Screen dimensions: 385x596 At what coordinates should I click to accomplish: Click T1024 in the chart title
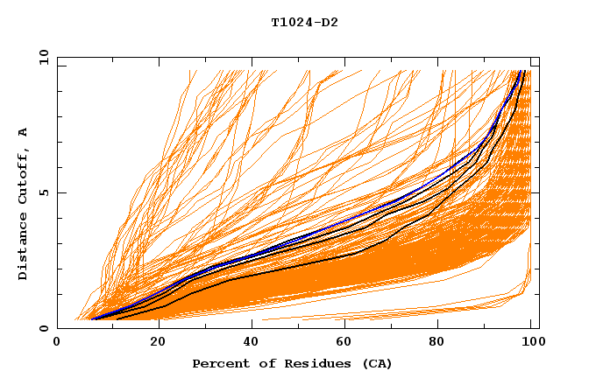(x=292, y=23)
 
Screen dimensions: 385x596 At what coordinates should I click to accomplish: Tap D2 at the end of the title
(x=329, y=23)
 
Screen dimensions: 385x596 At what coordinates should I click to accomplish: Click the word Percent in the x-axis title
(x=218, y=363)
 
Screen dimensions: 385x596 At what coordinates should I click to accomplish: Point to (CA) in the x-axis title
(x=378, y=363)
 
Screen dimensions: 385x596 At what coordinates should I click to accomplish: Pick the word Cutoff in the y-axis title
(x=24, y=176)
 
